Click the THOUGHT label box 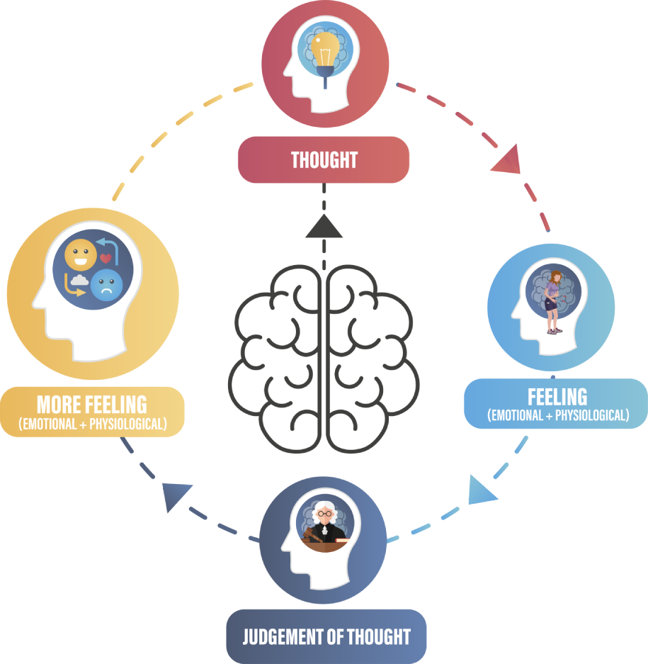[324, 159]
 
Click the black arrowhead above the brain [324, 227]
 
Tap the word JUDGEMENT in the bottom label [283, 636]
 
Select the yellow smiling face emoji [80, 255]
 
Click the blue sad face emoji [106, 285]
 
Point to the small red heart [106, 259]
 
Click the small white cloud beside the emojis [80, 281]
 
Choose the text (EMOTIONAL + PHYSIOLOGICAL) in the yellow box [93, 424]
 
